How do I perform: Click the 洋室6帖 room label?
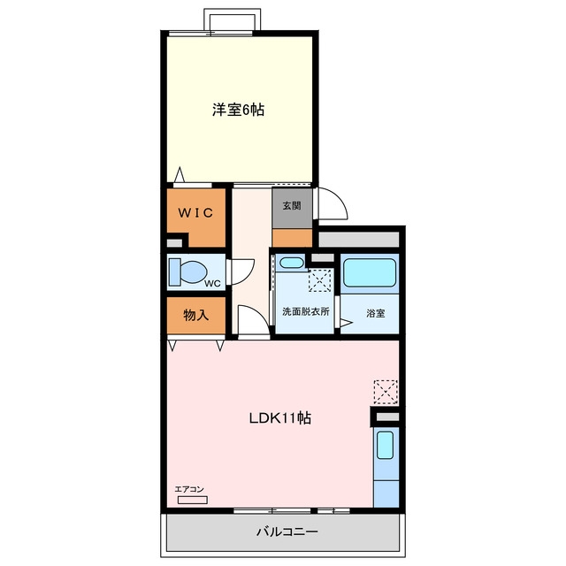tap(238, 110)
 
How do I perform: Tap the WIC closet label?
tap(195, 212)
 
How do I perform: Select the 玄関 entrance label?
tap(292, 206)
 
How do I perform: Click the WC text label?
tap(212, 284)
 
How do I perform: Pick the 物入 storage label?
tap(196, 315)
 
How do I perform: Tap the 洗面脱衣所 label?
tap(306, 311)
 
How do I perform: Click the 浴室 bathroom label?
tap(375, 313)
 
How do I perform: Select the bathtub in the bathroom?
tap(370, 273)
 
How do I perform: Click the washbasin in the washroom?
tap(292, 262)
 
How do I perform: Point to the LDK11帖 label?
tap(279, 418)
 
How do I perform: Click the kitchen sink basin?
tap(385, 445)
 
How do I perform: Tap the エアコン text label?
tap(189, 489)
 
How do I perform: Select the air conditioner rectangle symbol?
tap(193, 500)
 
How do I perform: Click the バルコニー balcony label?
tap(287, 532)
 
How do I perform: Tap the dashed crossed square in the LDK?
tap(386, 392)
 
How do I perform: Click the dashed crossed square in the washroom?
tap(319, 280)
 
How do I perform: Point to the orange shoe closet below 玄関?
tap(292, 238)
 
